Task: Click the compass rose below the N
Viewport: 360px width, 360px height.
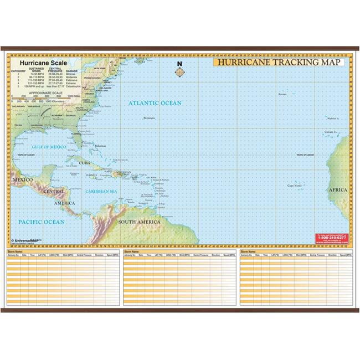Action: pyautogui.click(x=179, y=71)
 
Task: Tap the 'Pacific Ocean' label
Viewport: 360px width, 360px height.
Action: pyautogui.click(x=42, y=222)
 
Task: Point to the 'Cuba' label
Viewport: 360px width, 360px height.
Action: pyautogui.click(x=84, y=163)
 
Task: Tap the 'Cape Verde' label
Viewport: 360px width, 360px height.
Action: pyautogui.click(x=294, y=186)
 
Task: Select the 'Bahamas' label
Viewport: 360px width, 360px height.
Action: pyautogui.click(x=100, y=146)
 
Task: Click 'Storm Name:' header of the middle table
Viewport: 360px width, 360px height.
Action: pyautogui.click(x=132, y=251)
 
